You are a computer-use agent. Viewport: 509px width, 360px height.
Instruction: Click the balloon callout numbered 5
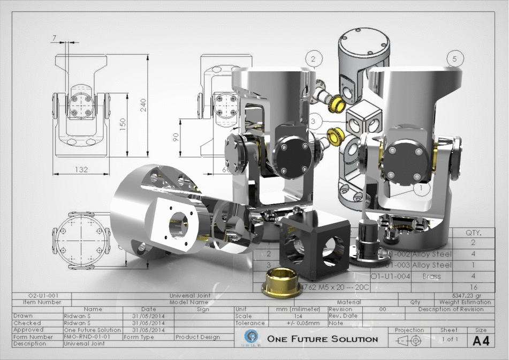pyautogui.click(x=455, y=58)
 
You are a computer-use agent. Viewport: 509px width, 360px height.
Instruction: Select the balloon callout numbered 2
pyautogui.click(x=314, y=58)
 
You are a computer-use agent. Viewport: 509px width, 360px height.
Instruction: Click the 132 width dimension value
pyautogui.click(x=81, y=169)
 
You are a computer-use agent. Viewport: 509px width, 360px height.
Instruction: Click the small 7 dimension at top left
pyautogui.click(x=55, y=37)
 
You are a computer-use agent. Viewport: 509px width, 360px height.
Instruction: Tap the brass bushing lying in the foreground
pyautogui.click(x=282, y=284)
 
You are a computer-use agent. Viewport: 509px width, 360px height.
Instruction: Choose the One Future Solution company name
pyautogui.click(x=322, y=339)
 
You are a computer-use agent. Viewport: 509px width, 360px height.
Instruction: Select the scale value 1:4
pyautogui.click(x=296, y=316)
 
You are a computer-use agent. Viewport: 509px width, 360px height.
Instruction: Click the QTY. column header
pyautogui.click(x=473, y=234)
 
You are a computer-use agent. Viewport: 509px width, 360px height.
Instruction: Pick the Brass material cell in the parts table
pyautogui.click(x=431, y=276)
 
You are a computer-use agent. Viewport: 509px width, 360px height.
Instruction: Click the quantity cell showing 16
pyautogui.click(x=473, y=287)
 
